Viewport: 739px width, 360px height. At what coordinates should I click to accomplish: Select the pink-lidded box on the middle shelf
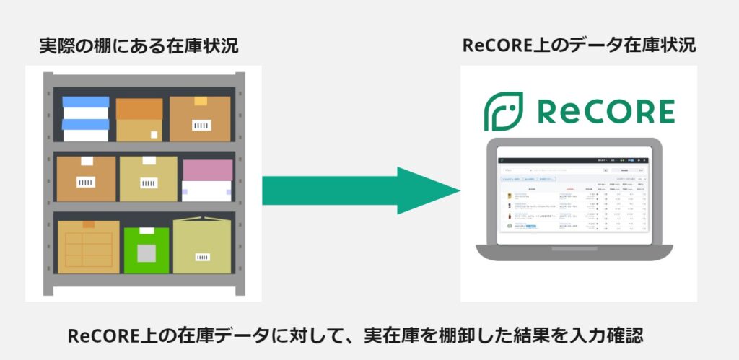tap(208, 180)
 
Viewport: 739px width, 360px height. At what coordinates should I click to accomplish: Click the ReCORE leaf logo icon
tap(503, 111)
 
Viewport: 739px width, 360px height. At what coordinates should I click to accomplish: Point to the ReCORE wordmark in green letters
tap(606, 112)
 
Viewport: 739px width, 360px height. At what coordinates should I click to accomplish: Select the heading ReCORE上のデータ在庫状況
tap(579, 46)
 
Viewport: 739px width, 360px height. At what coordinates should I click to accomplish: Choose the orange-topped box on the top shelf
tap(139, 119)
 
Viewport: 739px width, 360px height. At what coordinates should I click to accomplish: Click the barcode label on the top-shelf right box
tap(201, 125)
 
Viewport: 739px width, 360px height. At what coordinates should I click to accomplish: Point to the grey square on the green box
tap(147, 253)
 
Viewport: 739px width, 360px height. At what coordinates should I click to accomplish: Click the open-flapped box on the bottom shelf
tap(202, 247)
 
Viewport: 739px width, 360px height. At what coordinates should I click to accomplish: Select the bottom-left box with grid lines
tap(88, 247)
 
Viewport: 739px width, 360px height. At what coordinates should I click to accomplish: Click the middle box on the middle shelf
tap(148, 178)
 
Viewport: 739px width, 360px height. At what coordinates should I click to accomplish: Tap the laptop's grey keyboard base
tap(574, 252)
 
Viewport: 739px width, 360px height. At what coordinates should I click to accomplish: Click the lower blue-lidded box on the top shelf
tap(86, 130)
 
